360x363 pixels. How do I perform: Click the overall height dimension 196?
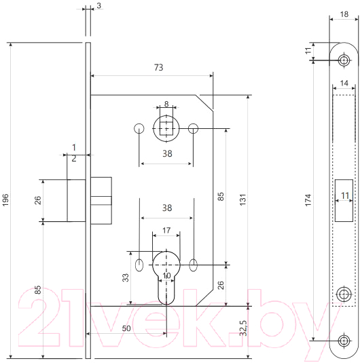pos(5,199)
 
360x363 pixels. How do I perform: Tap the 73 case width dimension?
pos(158,67)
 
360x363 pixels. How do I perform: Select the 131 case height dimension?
pos(242,199)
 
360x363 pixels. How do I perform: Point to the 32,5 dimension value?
pos(243,328)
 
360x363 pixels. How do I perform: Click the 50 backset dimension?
pos(126,328)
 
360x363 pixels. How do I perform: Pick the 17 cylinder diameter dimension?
pos(166,230)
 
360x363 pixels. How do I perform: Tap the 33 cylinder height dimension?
pos(126,278)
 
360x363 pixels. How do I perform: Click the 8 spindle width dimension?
pos(166,104)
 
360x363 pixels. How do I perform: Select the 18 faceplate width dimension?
pos(344,14)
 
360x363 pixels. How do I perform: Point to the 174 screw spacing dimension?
pos(308,200)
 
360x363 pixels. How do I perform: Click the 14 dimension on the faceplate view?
pos(344,83)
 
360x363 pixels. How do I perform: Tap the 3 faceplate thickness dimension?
pos(98,5)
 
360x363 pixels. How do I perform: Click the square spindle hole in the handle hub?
pos(166,128)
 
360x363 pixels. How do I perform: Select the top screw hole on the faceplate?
pos(344,60)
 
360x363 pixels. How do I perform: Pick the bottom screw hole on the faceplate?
pos(344,341)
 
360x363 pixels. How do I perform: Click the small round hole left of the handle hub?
pos(139,128)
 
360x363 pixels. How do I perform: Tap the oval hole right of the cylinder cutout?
pos(194,265)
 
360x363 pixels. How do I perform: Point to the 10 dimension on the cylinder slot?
pos(166,275)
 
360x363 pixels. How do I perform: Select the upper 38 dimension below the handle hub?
pos(167,153)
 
